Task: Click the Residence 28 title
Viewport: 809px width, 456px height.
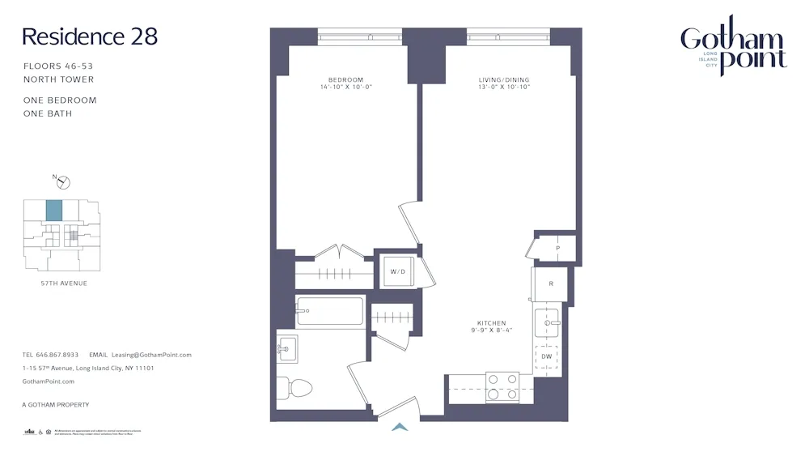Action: tap(89, 36)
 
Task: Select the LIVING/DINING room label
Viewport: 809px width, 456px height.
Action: tap(503, 80)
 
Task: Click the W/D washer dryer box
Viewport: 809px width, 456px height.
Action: tap(398, 271)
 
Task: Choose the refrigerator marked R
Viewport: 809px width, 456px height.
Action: tap(550, 283)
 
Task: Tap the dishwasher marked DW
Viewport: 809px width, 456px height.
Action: tap(547, 356)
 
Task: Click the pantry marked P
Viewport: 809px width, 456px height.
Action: tap(557, 248)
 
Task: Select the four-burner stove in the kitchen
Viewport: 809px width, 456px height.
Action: tap(502, 387)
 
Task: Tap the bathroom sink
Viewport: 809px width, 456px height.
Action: tap(286, 350)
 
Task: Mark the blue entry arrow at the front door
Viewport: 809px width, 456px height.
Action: tap(400, 426)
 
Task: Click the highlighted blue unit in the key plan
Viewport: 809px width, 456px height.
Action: tap(53, 211)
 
